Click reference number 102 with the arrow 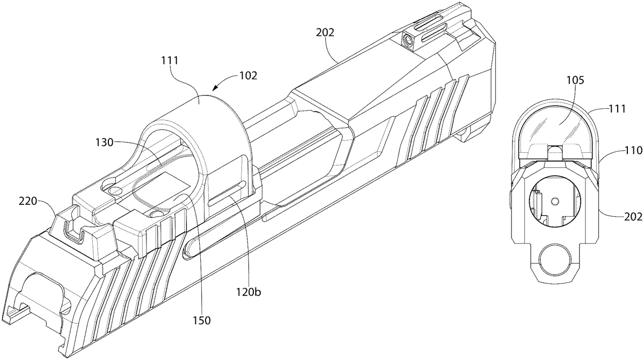click(x=248, y=76)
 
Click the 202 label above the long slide click(x=325, y=32)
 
